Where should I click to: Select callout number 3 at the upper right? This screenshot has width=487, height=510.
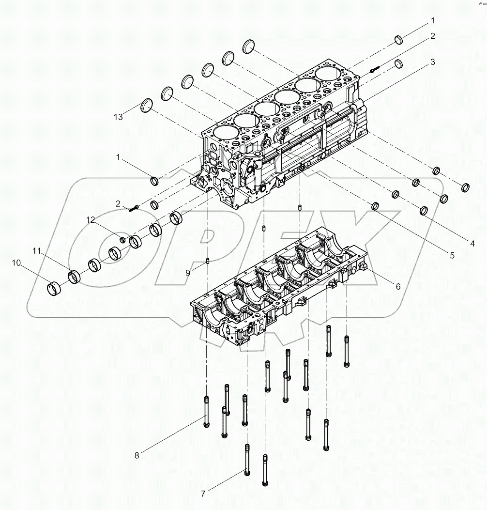click(x=432, y=62)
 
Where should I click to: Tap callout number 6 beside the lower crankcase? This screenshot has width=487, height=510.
click(x=398, y=286)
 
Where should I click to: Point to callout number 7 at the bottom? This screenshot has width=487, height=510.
click(x=203, y=494)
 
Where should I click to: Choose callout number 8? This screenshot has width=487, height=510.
click(x=137, y=455)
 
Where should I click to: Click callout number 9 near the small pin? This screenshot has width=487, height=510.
click(x=188, y=273)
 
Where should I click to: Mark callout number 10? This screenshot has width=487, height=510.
click(x=16, y=263)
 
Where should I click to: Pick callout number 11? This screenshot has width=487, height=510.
click(x=36, y=250)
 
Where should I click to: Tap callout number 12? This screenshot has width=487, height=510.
click(x=91, y=220)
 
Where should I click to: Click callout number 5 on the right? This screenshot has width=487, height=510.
click(x=452, y=255)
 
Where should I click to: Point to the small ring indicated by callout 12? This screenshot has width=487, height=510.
click(x=123, y=240)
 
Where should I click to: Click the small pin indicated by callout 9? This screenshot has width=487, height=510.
click(x=207, y=262)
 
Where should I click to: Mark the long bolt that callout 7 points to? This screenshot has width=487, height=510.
click(x=247, y=460)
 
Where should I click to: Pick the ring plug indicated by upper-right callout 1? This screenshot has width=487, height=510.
click(x=399, y=40)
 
